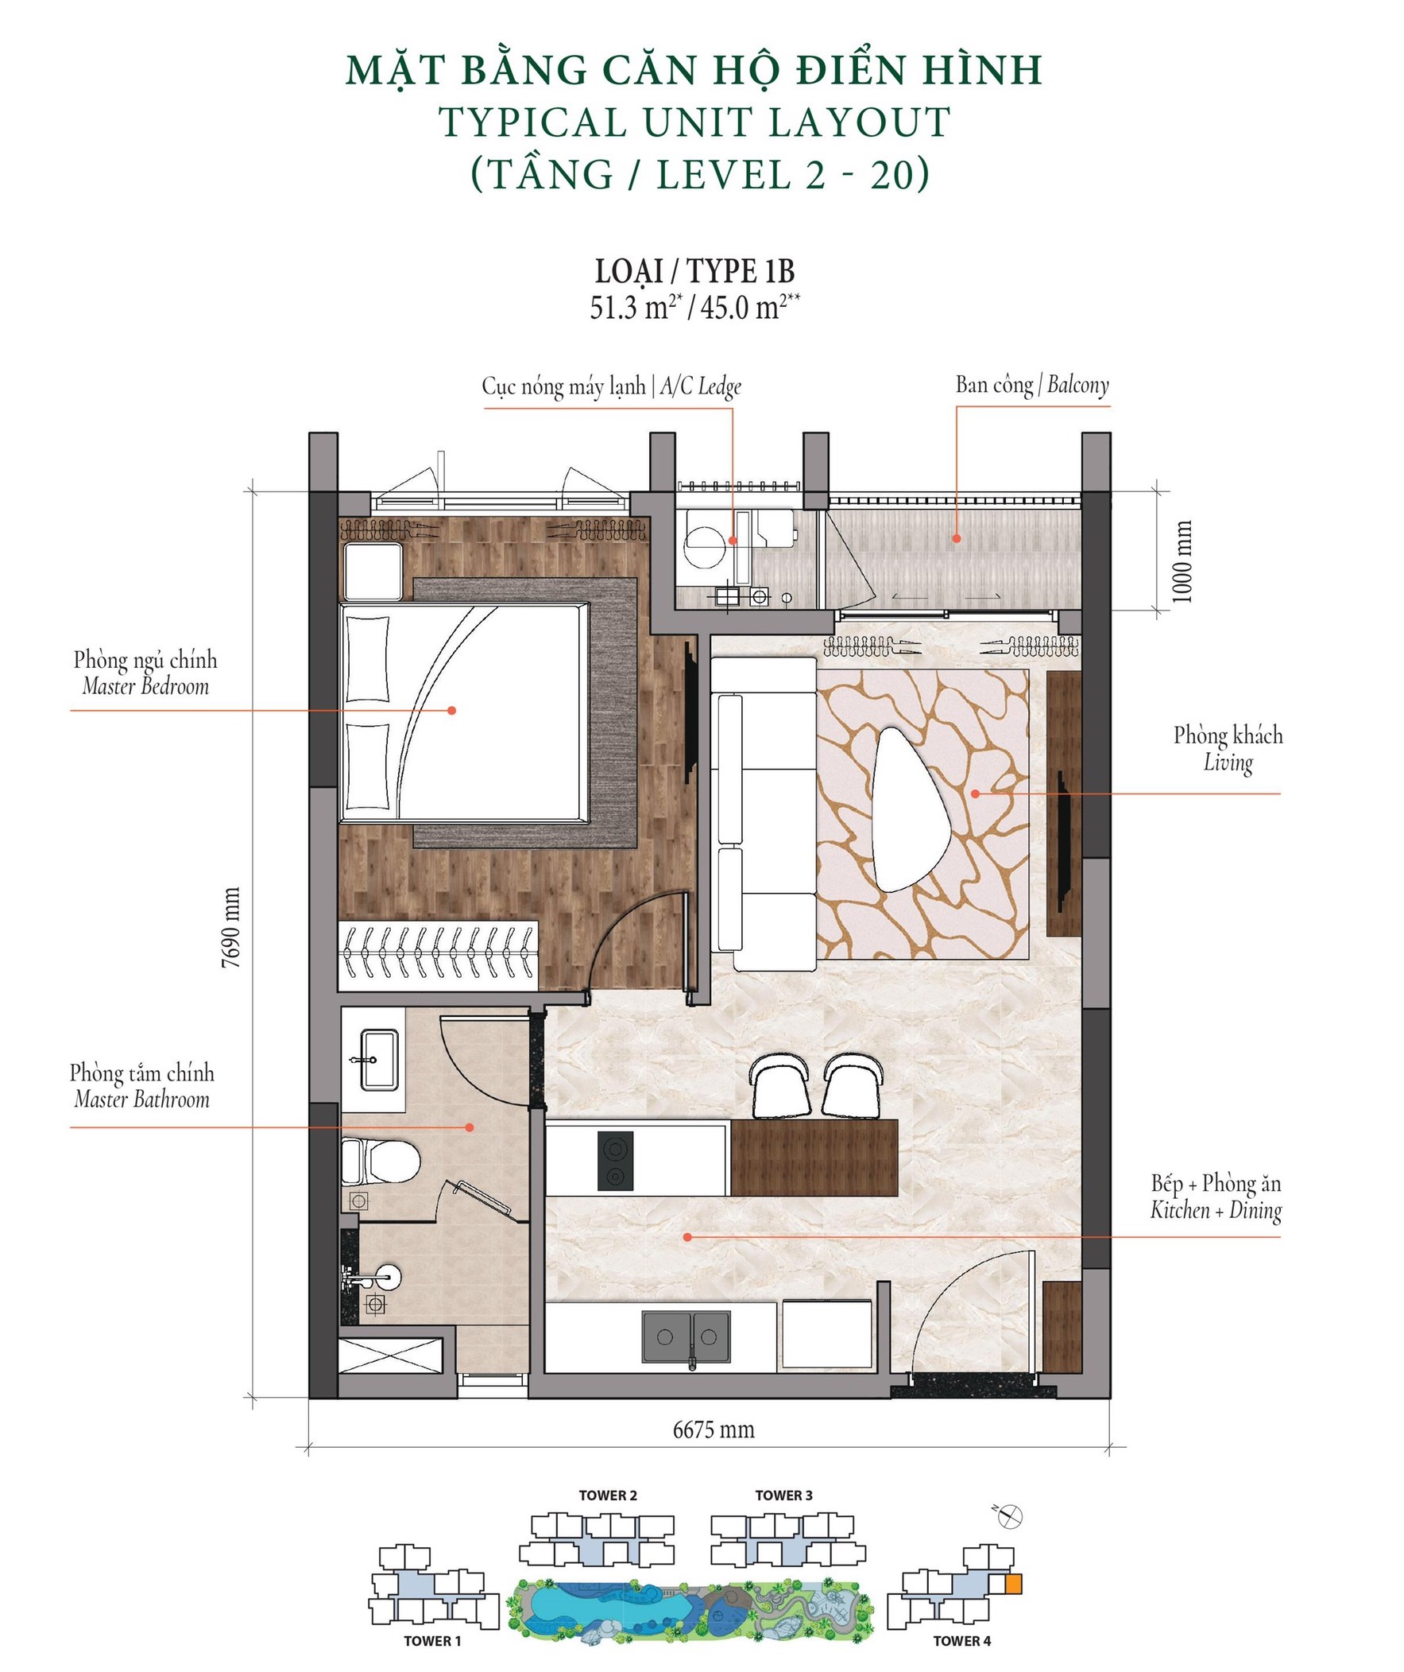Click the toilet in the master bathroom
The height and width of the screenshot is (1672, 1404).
(380, 1162)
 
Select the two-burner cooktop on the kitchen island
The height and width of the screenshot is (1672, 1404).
(616, 1162)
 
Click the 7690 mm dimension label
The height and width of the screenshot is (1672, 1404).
(230, 927)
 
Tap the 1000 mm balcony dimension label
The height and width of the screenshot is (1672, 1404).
(1183, 561)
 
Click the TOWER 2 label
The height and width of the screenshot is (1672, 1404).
(608, 1495)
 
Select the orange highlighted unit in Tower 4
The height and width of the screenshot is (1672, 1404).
(1012, 1584)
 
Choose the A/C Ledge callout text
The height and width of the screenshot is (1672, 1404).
(611, 387)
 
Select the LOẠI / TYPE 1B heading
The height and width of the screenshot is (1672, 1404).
(694, 271)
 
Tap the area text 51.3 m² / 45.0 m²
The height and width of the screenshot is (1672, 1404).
(694, 308)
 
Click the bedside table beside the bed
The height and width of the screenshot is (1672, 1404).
(373, 572)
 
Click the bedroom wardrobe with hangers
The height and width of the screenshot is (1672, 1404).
(438, 956)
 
